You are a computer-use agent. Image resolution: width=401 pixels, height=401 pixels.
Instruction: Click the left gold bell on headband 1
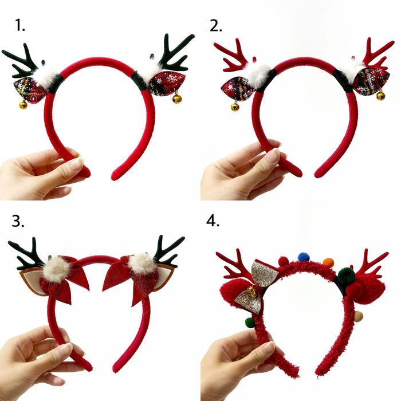(23, 105)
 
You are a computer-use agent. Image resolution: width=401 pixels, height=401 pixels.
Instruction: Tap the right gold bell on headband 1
(177, 99)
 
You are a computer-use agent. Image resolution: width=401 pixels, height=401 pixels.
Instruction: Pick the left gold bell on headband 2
(235, 107)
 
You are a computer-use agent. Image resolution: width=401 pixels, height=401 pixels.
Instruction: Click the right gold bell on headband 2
(380, 96)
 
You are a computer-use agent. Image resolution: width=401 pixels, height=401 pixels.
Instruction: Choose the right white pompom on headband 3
(141, 264)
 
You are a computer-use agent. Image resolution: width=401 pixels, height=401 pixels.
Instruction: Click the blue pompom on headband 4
(304, 257)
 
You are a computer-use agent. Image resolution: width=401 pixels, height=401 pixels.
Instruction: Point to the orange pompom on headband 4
(328, 262)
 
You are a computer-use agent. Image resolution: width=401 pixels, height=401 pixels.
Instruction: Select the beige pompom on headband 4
(358, 316)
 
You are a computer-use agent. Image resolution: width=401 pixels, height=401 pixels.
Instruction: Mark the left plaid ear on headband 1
(30, 89)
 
